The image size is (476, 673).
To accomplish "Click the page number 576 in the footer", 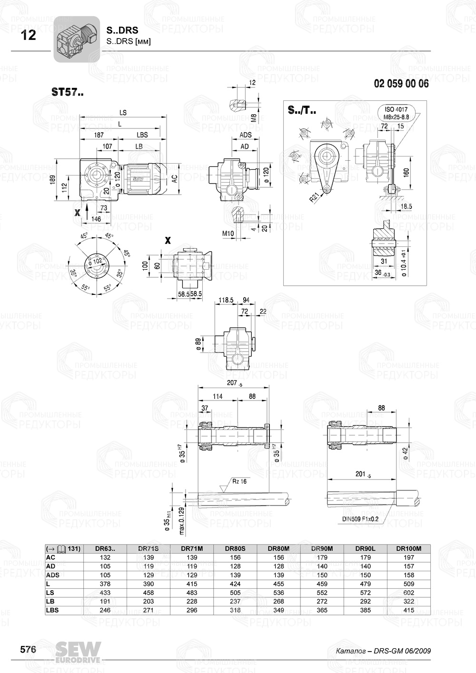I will pos(28,650).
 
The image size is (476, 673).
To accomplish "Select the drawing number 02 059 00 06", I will pos(401,84).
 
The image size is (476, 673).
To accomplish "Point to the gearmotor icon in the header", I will pos(76,39).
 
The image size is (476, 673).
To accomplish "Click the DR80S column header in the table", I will pos(235,548).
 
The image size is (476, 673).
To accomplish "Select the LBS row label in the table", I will pos(52,610).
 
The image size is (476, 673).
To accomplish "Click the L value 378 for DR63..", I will pos(105,584).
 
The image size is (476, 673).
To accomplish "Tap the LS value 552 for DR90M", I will pos(322,593).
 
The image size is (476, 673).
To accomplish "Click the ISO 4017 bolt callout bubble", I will pos(396,112).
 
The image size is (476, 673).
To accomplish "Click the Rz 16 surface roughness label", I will pos(239,481).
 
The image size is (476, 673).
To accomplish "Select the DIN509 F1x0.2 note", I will pos(360,519).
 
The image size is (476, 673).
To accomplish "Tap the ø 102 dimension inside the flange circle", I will pos(97,262).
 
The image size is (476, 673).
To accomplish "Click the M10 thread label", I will pos(228,233).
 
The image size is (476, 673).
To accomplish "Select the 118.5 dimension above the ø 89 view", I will pos(226,300).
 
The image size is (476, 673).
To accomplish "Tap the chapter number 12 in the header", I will pos(29,35).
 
